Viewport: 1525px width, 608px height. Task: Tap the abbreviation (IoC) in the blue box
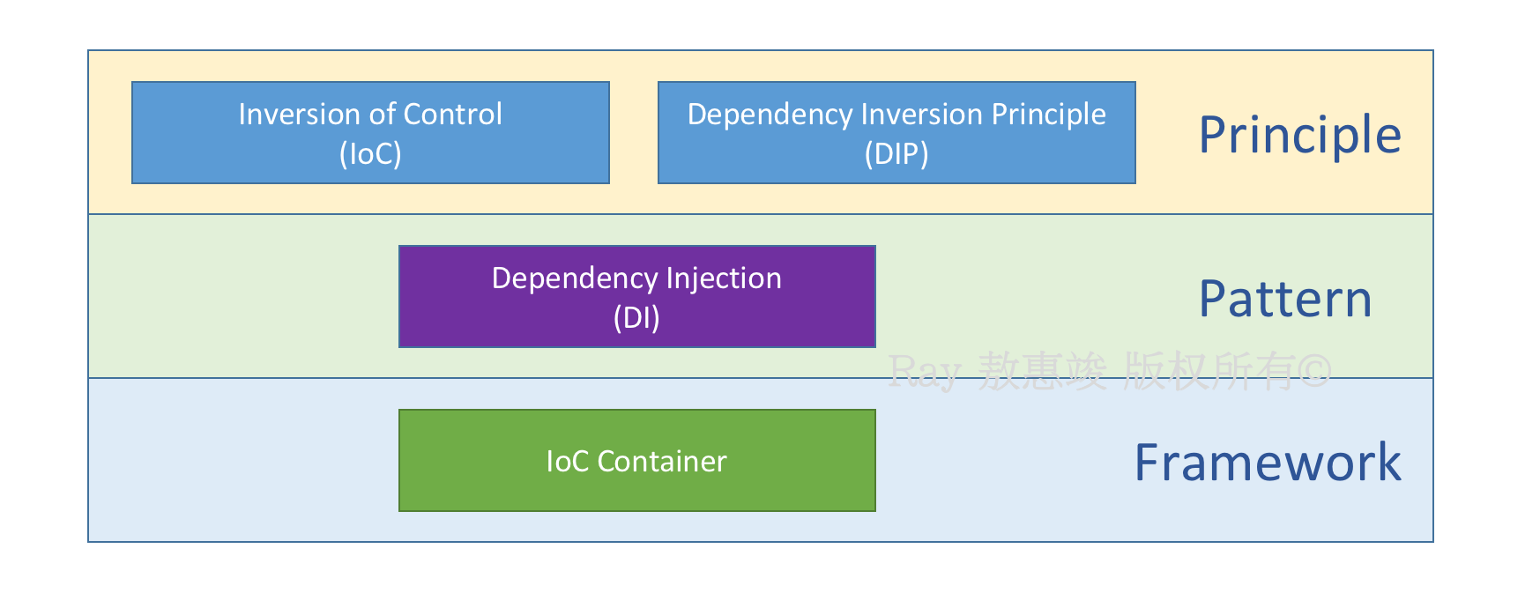370,154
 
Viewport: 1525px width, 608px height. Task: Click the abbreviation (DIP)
896,154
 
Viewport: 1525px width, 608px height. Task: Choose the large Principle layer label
1299,136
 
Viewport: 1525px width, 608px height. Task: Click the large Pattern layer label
1285,300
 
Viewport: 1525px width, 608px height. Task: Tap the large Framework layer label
1268,463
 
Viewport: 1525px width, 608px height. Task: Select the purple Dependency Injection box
637,296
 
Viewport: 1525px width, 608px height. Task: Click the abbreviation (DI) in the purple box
636,318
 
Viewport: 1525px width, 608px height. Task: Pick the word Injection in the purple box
724,279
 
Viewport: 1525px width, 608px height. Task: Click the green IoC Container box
637,460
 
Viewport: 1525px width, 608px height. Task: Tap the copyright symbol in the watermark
1314,372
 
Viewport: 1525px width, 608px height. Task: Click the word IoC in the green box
567,462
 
